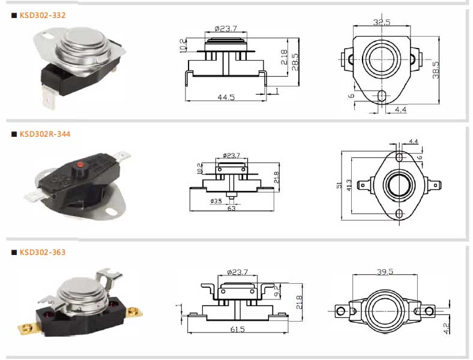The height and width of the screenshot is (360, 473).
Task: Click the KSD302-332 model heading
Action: point(43,16)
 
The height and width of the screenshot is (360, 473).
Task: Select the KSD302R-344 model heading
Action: point(45,134)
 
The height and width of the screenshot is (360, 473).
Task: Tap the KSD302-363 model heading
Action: point(43,253)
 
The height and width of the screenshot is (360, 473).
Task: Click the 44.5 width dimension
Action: point(226,97)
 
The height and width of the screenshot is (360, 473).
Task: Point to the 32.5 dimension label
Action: point(382,22)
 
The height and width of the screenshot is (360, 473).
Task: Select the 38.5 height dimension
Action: point(436,70)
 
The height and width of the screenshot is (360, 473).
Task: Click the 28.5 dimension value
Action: point(295,62)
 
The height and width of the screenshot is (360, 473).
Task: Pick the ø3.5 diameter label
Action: point(216,201)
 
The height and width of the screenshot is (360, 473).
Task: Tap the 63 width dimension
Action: point(231,208)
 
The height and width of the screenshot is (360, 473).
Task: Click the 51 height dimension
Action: point(339,185)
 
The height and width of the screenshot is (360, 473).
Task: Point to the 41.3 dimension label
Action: point(349,185)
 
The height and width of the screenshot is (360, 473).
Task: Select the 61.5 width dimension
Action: point(238,329)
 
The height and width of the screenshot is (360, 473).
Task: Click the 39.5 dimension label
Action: point(385,272)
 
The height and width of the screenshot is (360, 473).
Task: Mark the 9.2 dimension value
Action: point(277,290)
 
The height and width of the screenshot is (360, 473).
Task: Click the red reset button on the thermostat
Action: point(80,164)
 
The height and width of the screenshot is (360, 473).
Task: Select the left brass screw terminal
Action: point(29,327)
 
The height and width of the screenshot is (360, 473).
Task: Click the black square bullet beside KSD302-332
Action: point(14,16)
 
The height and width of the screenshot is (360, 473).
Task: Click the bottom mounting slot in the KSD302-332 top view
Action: point(382,96)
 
